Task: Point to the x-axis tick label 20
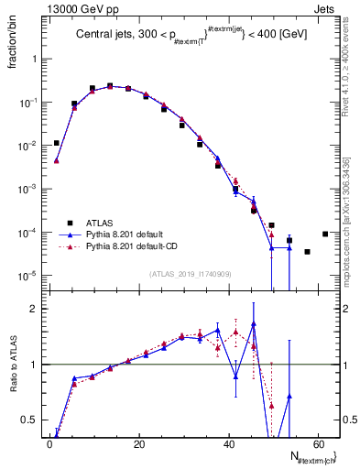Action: point(138,443)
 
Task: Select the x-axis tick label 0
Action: point(49,443)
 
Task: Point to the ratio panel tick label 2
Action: point(34,309)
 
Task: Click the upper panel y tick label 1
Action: point(34,59)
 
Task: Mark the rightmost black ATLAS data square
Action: point(325,234)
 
